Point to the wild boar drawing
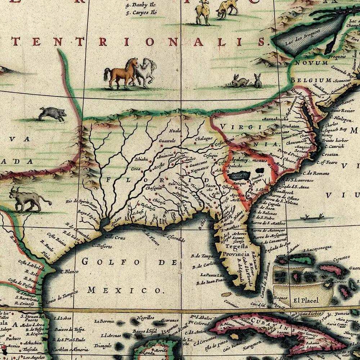53,113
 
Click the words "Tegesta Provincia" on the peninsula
237,251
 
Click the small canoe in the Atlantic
311,217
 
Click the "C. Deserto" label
102,246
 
